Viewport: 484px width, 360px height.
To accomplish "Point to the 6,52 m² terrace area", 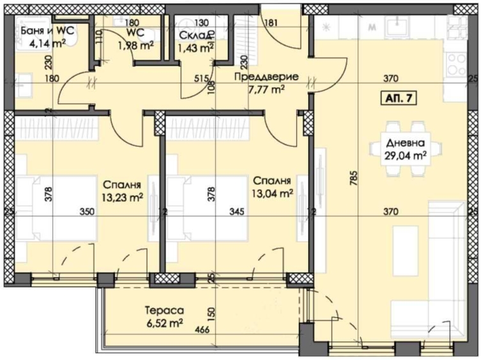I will (164, 324).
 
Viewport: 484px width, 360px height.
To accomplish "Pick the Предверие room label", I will (266, 77).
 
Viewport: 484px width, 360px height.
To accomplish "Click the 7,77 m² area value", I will (266, 89).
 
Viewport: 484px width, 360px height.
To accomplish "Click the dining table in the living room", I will (398, 149).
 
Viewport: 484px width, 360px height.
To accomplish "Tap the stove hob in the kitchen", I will (456, 63).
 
